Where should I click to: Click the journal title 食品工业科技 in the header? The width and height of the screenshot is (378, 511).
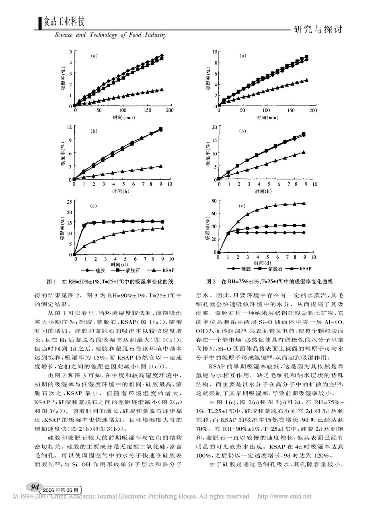pyautogui.click(x=64, y=22)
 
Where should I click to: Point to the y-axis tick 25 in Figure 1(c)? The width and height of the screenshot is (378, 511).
pyautogui.click(x=69, y=202)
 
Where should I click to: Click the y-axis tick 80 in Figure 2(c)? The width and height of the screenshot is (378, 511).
pyautogui.click(x=214, y=200)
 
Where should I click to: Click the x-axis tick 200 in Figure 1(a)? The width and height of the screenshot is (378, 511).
pyautogui.click(x=169, y=110)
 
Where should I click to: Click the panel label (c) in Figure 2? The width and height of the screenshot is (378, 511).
pyautogui.click(x=242, y=206)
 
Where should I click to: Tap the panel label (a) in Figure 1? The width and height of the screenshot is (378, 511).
pyautogui.click(x=94, y=56)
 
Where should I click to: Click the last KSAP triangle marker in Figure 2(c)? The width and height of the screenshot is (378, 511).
pyautogui.click(x=304, y=203)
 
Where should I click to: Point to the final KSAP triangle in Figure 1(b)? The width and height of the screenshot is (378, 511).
pyautogui.click(x=160, y=166)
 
